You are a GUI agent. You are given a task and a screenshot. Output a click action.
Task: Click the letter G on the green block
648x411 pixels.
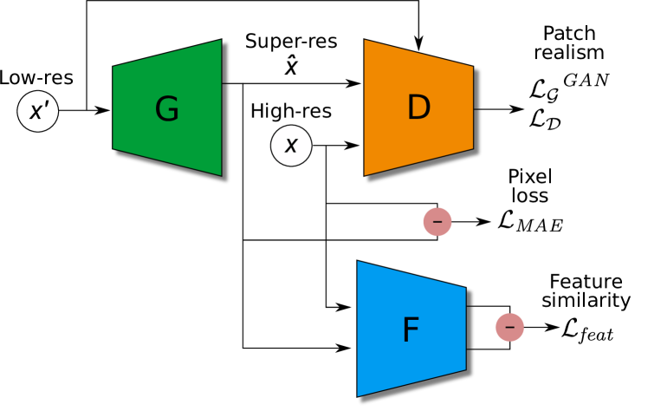click(x=166, y=110)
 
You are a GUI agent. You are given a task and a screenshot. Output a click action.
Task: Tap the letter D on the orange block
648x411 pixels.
click(x=418, y=108)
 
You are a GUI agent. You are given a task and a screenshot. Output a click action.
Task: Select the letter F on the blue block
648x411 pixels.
click(x=411, y=330)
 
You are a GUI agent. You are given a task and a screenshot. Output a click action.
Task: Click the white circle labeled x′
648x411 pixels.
click(x=38, y=111)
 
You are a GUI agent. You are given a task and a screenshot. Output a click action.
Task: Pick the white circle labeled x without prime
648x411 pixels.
click(x=291, y=146)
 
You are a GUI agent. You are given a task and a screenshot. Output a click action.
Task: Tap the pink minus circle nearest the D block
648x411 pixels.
click(x=437, y=222)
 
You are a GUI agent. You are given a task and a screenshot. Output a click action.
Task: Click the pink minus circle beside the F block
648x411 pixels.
click(x=509, y=327)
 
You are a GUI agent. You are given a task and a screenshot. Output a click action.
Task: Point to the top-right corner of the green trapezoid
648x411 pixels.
click(x=220, y=41)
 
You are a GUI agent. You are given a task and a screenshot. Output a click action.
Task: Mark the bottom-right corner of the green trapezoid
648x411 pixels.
click(x=220, y=174)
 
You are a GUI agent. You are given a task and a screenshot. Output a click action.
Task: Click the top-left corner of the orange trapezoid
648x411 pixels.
click(x=366, y=41)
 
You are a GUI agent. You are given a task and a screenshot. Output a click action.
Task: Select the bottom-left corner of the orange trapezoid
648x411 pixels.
click(x=366, y=174)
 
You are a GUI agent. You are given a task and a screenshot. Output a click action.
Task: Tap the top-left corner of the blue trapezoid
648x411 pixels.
click(x=359, y=262)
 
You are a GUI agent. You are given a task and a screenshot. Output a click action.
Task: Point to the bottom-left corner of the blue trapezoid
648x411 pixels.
click(x=359, y=395)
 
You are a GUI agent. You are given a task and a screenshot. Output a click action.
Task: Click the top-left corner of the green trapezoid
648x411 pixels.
click(x=113, y=67)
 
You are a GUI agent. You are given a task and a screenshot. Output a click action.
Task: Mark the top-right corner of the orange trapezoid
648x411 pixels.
click(x=472, y=67)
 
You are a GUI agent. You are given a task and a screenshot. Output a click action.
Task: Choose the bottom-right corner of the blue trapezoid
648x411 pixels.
click(x=465, y=369)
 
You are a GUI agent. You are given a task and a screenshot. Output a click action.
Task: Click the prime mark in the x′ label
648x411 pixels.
click(x=46, y=105)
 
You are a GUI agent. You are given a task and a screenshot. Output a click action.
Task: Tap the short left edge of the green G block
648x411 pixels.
click(x=113, y=108)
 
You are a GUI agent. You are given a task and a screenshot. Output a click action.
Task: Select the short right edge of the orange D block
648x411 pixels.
click(x=472, y=108)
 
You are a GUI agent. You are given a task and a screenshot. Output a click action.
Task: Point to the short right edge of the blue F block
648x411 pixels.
click(x=465, y=329)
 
